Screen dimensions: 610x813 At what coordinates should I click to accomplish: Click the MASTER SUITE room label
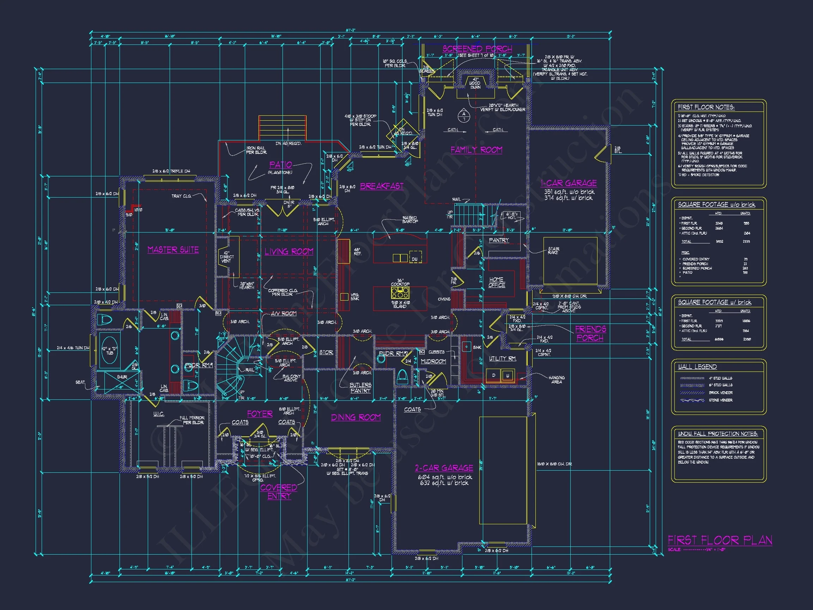pyautogui.click(x=173, y=250)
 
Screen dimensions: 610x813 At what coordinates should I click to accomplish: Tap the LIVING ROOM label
pyautogui.click(x=289, y=252)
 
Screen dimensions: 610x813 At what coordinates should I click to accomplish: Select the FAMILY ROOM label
pyautogui.click(x=476, y=150)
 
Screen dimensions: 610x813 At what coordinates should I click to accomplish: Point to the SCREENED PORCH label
pyautogui.click(x=477, y=49)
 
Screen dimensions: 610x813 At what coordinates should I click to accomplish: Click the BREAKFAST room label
pyautogui.click(x=382, y=186)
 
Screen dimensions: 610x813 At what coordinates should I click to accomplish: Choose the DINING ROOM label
pyautogui.click(x=356, y=417)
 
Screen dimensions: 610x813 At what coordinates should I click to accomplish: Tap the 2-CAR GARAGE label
pyautogui.click(x=444, y=468)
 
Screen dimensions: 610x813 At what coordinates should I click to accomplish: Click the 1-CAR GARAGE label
pyautogui.click(x=569, y=183)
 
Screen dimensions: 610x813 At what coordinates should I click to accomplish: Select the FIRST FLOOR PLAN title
pyautogui.click(x=720, y=540)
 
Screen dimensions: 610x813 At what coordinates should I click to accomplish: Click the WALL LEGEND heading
pyautogui.click(x=697, y=367)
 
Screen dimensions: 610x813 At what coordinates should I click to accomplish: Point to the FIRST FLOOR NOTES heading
pyautogui.click(x=706, y=107)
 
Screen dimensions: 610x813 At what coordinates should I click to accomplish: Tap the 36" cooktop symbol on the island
pyautogui.click(x=400, y=293)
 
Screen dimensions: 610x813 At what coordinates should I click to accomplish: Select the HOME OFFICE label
pyautogui.click(x=497, y=282)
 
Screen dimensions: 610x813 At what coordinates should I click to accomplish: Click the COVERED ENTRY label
pyautogui.click(x=279, y=491)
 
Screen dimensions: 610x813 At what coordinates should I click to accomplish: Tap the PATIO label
pyautogui.click(x=280, y=165)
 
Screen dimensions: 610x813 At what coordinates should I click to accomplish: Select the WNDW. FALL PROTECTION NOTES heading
pyautogui.click(x=718, y=434)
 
